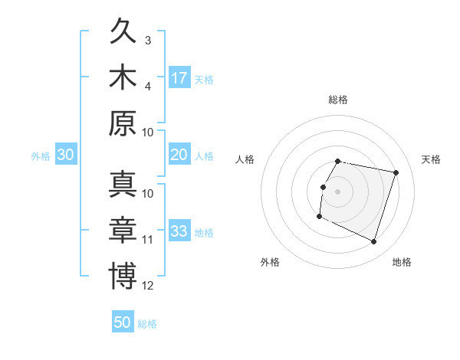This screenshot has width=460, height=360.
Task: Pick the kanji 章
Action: coord(123,231)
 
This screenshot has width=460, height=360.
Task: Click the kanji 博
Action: coord(123,276)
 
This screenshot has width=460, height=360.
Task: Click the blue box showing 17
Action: coord(179,77)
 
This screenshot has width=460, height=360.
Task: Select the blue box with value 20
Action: coord(179,155)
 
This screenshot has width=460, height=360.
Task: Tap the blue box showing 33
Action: coord(179,231)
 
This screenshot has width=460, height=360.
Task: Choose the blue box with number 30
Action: coord(65,155)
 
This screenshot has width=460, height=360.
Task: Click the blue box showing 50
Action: coord(123,322)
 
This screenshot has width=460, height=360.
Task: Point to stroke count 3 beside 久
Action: coord(148,41)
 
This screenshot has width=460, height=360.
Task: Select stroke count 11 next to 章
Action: coord(149,240)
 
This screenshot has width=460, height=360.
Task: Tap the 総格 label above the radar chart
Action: coord(338,100)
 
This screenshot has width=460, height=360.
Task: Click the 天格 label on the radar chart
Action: coord(431,159)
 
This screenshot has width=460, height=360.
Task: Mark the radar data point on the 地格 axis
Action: coord(374,242)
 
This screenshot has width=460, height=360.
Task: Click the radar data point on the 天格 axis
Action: coord(396,173)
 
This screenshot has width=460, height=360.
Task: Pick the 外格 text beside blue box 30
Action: coord(41,155)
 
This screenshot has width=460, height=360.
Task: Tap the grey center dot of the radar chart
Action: coord(337,191)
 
